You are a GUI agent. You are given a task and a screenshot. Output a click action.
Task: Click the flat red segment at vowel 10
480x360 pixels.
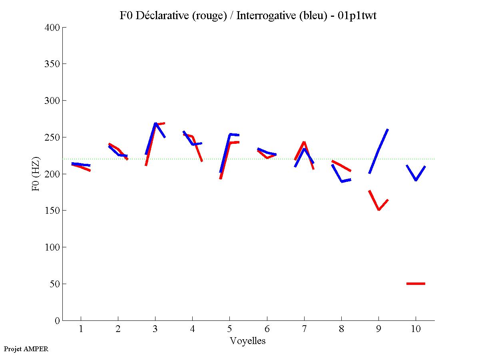(416, 284)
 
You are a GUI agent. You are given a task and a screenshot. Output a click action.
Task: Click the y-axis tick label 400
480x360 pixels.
(52, 28)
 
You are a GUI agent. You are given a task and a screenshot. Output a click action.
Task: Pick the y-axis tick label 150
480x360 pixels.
(52, 211)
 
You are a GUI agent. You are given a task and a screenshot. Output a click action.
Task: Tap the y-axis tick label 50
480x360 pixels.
(55, 284)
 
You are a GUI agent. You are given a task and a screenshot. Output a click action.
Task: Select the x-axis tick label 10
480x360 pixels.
(416, 329)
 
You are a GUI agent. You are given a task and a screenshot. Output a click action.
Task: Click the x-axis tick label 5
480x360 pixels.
(229, 329)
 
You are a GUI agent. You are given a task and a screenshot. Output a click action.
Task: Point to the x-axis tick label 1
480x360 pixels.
(81, 329)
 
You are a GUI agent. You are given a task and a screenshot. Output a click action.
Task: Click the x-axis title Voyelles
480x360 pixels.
(248, 341)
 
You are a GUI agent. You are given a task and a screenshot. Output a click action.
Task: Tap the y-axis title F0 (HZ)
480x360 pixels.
(36, 174)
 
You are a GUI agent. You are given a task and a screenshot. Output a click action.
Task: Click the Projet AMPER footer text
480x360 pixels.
(26, 349)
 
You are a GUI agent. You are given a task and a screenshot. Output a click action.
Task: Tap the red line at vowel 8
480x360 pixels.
(341, 166)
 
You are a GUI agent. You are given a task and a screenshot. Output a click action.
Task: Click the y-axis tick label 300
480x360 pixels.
(52, 101)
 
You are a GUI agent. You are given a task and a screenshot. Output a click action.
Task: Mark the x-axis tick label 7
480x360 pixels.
(304, 329)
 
